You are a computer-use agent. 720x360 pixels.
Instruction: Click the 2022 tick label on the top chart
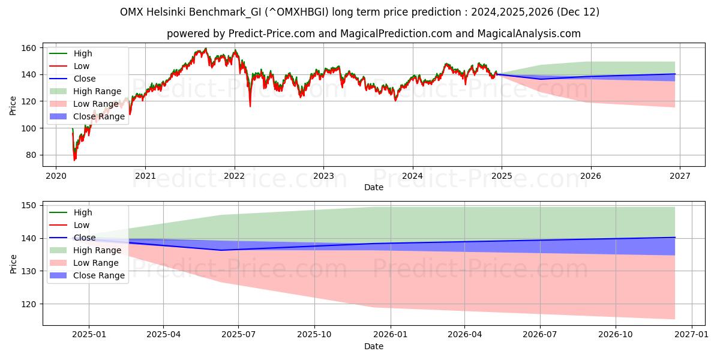tap(234, 176)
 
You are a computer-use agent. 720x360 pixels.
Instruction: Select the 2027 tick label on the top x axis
tap(679, 176)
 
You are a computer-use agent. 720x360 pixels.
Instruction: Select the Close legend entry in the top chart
tap(85, 79)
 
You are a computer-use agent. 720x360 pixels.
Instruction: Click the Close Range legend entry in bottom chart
tap(98, 275)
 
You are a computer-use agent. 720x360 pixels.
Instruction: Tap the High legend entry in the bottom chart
tap(82, 212)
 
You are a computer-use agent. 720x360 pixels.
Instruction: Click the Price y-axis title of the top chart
tap(13, 106)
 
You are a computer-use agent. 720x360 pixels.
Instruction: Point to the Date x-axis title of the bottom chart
tap(373, 346)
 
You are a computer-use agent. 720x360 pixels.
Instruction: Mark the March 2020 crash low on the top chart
tap(74, 160)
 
